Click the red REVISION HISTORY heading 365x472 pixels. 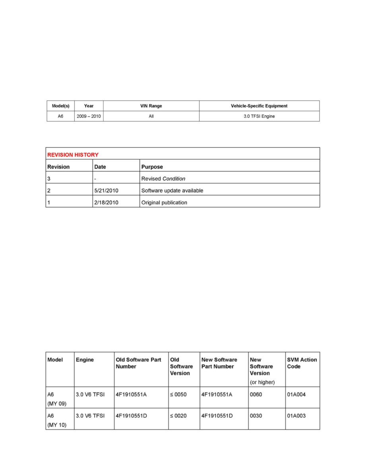[73, 155]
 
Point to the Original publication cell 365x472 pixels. [164, 202]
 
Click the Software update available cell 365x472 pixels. [172, 190]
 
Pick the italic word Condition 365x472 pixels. [174, 178]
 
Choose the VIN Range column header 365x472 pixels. [151, 106]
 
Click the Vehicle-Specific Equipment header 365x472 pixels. [259, 106]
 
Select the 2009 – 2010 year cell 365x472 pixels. [89, 117]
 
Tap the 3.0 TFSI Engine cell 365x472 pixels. [259, 117]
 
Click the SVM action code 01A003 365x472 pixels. [296, 416]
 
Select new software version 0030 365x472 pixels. [256, 416]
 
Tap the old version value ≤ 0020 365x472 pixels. [178, 416]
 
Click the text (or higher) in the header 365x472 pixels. [262, 382]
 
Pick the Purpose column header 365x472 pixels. [152, 167]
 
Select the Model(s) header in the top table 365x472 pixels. [61, 106]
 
